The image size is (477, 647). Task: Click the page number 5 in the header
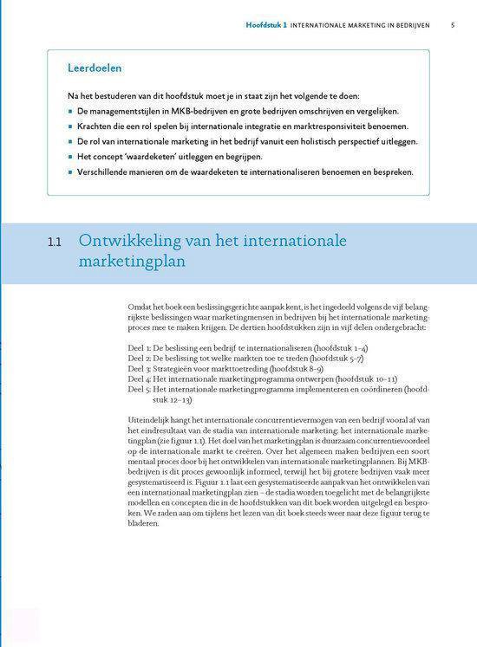click(x=453, y=25)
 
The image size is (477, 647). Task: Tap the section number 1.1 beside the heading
click(x=55, y=243)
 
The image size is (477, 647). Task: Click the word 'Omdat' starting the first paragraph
click(x=139, y=307)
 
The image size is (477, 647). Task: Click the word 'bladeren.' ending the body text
click(x=144, y=522)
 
